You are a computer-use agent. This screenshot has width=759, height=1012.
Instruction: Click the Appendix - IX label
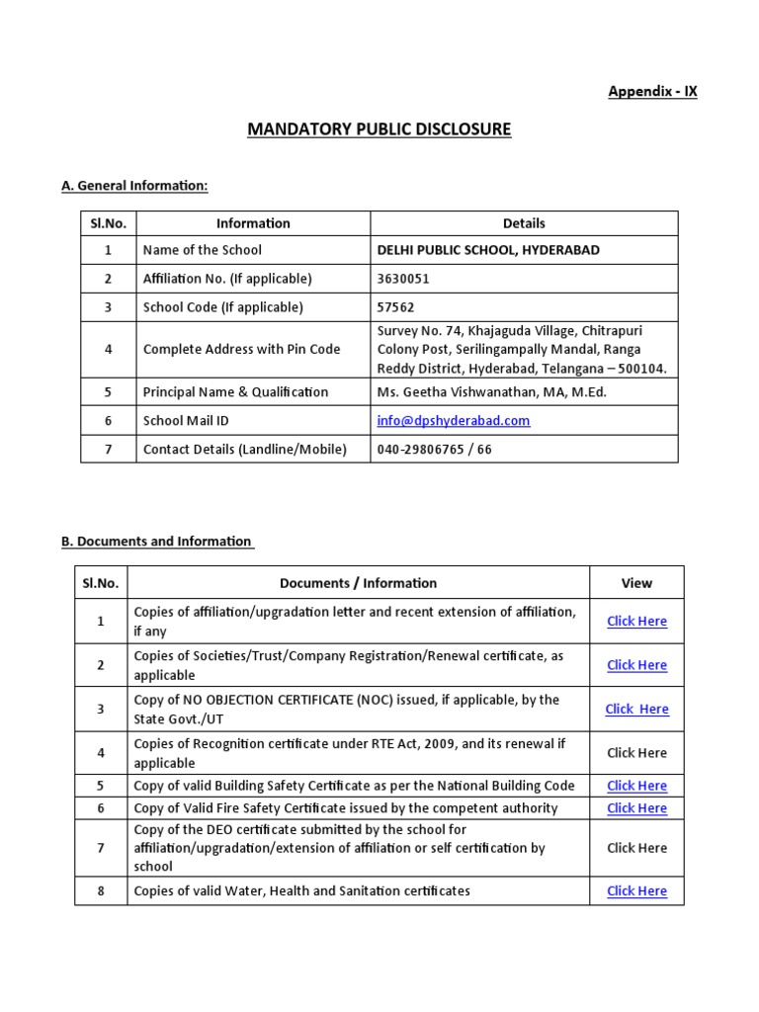coord(652,91)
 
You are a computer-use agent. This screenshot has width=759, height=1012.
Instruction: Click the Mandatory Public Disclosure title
coord(379,129)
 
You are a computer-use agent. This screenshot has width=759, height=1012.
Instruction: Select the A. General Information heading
coord(134,186)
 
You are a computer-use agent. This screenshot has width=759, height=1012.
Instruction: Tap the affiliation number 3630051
coord(403,279)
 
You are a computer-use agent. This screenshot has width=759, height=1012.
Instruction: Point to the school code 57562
coord(396,306)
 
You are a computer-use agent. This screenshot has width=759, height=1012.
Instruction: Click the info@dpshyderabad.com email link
coord(454,420)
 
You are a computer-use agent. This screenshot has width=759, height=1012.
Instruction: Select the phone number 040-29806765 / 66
coord(434,449)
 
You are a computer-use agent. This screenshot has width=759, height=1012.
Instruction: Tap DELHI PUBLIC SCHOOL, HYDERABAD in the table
coord(488,250)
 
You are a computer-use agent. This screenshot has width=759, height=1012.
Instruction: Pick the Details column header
coord(524,223)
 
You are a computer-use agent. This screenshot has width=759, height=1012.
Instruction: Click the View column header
coord(636,583)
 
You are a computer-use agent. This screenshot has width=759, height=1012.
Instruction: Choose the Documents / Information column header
coord(358,583)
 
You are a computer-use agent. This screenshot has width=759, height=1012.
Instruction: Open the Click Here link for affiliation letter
coord(636,621)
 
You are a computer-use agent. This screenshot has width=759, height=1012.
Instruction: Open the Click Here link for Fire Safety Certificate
coord(636,807)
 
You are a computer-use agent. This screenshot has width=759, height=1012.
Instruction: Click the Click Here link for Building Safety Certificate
coord(636,786)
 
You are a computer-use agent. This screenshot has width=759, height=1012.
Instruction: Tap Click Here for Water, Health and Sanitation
coord(636,890)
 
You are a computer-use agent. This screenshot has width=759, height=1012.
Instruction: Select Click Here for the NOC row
coord(636,709)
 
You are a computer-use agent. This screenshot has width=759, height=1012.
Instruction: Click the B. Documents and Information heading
coord(156,542)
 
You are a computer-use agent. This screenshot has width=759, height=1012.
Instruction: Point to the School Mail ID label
coord(186,420)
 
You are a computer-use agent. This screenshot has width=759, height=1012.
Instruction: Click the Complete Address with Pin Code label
coord(241,349)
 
